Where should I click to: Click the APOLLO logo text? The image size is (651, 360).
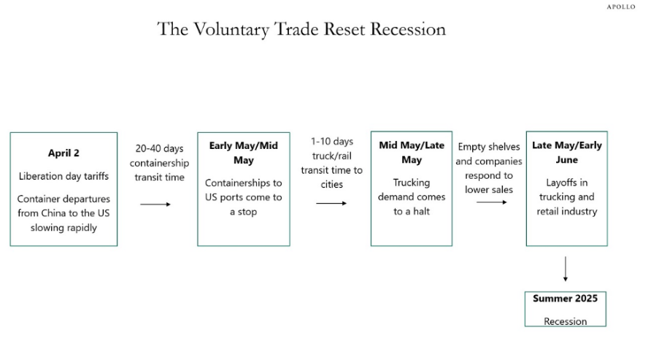(x=620, y=7)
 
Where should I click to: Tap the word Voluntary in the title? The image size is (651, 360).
(x=231, y=30)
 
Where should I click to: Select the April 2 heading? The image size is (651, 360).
(x=63, y=153)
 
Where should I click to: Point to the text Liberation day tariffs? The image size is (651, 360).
(x=63, y=176)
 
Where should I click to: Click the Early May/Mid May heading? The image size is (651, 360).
(x=243, y=153)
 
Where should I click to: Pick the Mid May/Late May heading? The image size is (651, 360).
(x=412, y=153)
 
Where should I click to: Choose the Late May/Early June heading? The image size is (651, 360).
(x=567, y=153)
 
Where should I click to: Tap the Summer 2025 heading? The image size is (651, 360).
(x=565, y=299)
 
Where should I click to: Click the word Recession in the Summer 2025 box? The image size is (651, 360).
(x=565, y=321)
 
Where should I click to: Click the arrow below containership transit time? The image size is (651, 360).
(x=155, y=204)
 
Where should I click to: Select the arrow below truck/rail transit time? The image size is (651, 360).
(x=331, y=203)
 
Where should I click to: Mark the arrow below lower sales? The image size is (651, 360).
(x=492, y=202)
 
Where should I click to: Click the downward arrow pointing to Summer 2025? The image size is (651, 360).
(x=565, y=269)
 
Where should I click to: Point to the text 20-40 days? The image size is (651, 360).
(x=159, y=149)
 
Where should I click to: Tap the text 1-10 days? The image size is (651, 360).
(x=332, y=142)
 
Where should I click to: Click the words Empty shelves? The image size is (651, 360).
(x=489, y=147)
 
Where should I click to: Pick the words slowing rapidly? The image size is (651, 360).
(x=63, y=228)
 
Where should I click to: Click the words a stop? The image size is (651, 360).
(x=243, y=212)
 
